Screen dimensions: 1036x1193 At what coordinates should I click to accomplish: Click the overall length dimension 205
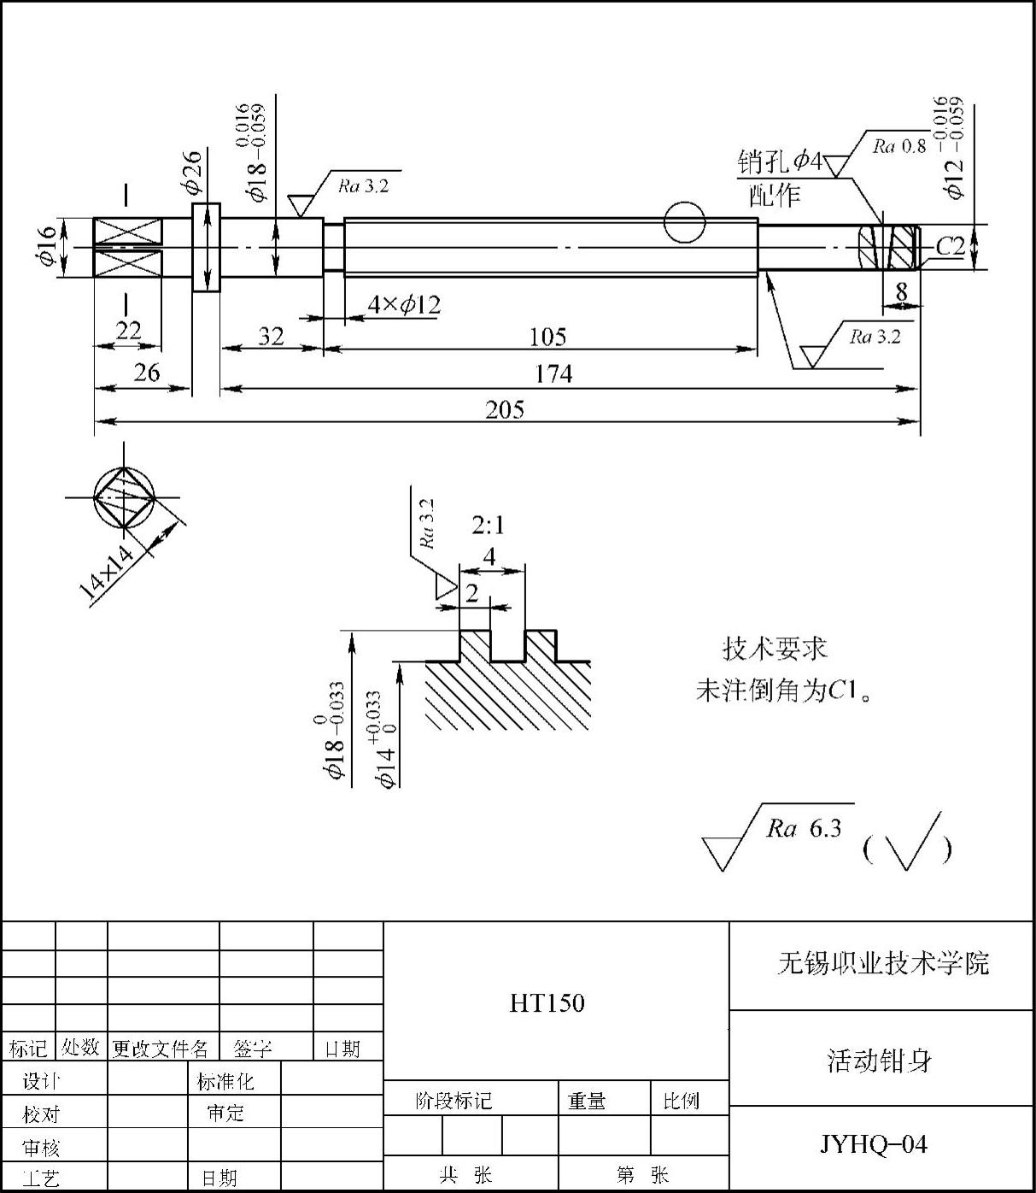pos(505,409)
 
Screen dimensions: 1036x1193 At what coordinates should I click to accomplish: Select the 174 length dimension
pos(553,373)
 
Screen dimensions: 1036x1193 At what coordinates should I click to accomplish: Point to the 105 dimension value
pos(547,337)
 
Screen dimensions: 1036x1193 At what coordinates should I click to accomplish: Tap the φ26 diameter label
pos(191,173)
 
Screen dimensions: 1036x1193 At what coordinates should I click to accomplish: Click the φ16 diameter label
pos(46,245)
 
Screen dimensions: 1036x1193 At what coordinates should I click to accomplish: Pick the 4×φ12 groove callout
pos(404,304)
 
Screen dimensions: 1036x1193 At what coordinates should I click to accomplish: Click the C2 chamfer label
pos(951,247)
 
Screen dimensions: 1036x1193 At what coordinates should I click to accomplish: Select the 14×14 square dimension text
pos(107,572)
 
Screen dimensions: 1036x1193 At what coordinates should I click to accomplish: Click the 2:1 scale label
pos(488,526)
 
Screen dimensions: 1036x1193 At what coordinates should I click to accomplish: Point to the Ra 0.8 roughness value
pos(899,146)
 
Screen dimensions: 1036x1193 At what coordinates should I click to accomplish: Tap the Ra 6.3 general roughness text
pos(804,828)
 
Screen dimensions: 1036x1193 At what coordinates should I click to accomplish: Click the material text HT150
pos(547,1003)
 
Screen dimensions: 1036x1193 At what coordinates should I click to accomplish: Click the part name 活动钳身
pos(879,1061)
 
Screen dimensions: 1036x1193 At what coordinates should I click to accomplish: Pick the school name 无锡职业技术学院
pos(883,963)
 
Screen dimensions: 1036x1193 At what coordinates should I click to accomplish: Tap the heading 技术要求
pos(775,649)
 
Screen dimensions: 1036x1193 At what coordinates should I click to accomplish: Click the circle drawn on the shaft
pos(685,222)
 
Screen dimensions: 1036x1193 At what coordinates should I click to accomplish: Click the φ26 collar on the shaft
pos(207,248)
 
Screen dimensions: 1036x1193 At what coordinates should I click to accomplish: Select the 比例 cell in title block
pos(682,1100)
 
